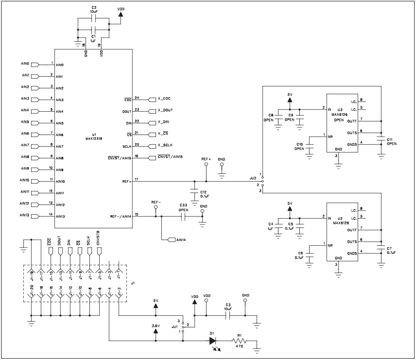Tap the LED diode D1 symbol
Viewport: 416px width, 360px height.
coord(213,341)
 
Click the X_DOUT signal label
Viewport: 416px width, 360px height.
coord(165,110)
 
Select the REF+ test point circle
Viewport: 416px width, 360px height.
coord(206,164)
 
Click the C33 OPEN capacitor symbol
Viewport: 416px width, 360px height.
coord(184,216)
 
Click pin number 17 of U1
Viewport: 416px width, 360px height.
coord(137,179)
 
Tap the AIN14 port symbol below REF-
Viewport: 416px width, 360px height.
coord(172,240)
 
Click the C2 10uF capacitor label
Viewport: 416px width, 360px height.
coord(94,10)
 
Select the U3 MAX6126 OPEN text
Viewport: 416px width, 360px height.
coord(339,115)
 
